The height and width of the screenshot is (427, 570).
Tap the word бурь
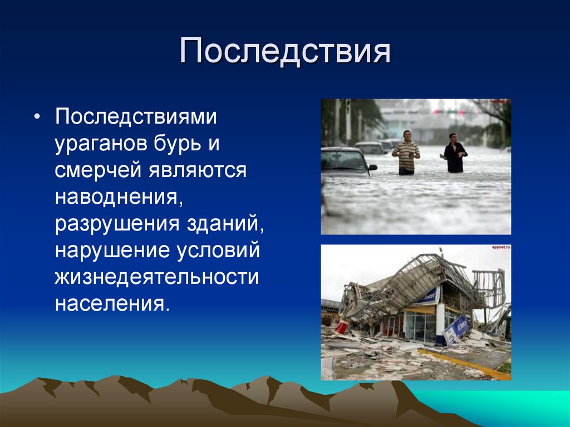pyautogui.click(x=171, y=144)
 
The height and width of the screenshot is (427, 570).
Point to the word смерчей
pyautogui.click(x=97, y=170)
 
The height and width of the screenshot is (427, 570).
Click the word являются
pyautogui.click(x=196, y=170)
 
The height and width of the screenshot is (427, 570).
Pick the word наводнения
pyautogui.click(x=119, y=197)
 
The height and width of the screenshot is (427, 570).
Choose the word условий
pyautogui.click(x=219, y=249)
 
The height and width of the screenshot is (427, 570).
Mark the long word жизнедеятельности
pyautogui.click(x=156, y=276)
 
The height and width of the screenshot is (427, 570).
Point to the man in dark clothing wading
pyautogui.click(x=454, y=154)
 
